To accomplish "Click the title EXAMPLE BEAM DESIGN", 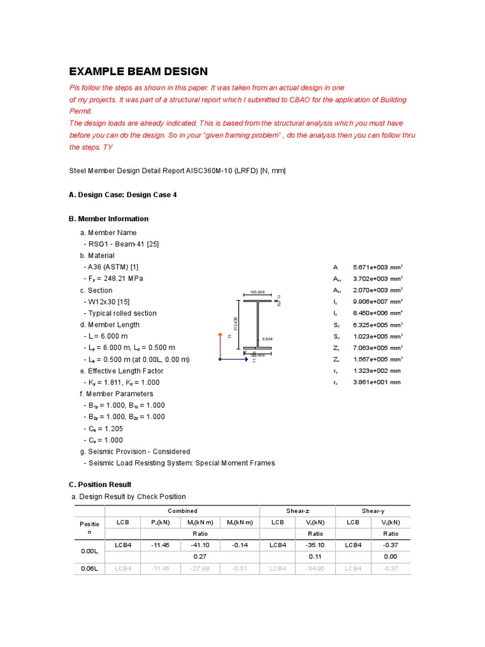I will coord(138,71).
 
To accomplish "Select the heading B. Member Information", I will coord(108,219).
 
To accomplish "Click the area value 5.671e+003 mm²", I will coord(378,267).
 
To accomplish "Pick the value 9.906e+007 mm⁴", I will coord(378,302).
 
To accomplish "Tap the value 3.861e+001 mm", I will coord(376,382).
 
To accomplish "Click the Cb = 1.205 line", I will coord(103,428).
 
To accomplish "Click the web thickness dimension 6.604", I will coord(268,339).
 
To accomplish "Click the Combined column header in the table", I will coord(182,511).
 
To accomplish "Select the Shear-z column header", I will coord(302,511).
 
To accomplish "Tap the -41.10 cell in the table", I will coord(200,545).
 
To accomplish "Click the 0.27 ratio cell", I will coord(200,557).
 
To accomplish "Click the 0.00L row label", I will coord(88,550).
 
